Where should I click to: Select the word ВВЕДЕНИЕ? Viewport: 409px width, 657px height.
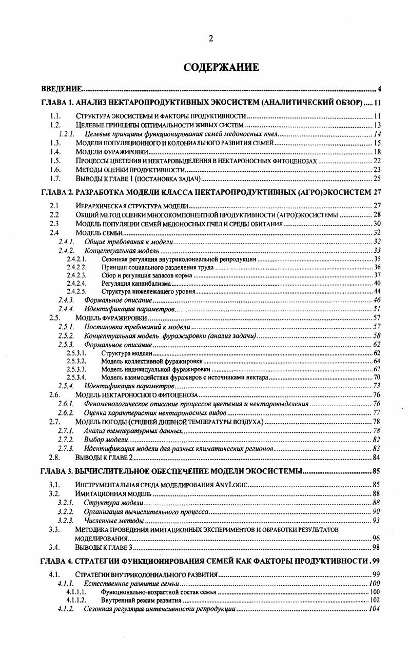tap(62, 89)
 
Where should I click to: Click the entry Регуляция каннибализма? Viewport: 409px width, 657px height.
tap(135, 283)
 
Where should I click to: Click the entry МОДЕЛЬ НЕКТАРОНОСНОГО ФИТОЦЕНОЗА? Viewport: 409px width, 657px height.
tap(136, 395)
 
